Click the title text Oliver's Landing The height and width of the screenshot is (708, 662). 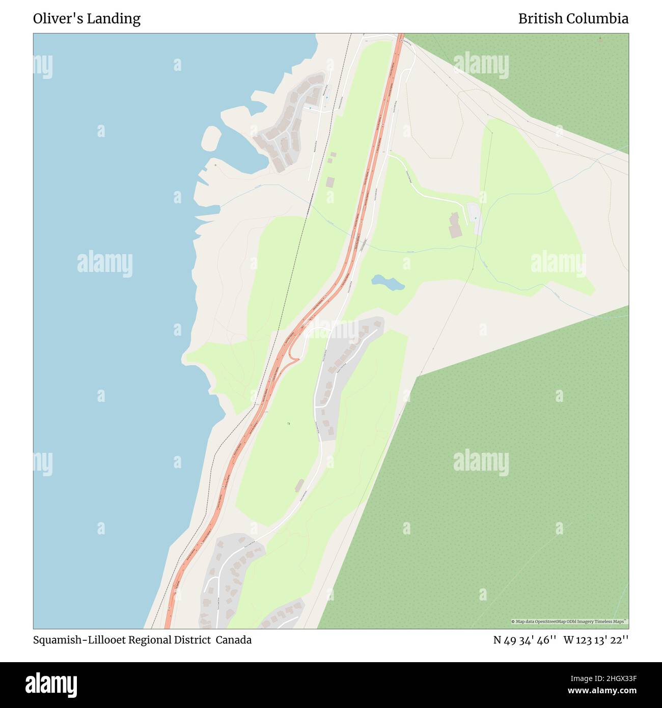click(87, 19)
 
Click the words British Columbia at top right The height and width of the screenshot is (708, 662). click(573, 19)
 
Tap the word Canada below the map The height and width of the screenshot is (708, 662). click(233, 640)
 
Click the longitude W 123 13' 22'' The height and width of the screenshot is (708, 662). click(596, 640)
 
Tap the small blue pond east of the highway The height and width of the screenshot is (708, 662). click(388, 282)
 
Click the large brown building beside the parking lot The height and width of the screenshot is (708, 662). click(455, 226)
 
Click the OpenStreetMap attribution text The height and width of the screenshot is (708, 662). click(569, 621)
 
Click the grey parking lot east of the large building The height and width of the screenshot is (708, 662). click(475, 218)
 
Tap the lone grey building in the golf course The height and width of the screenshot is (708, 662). click(299, 485)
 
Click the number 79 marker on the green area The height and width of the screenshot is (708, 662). click(288, 424)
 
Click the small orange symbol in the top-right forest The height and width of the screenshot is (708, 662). click(600, 39)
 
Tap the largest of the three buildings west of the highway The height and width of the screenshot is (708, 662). click(330, 182)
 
